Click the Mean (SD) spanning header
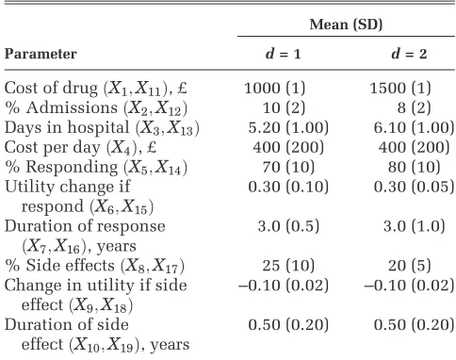[x=346, y=25]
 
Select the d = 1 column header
[x=283, y=54]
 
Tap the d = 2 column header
[x=409, y=54]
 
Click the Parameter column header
[x=41, y=54]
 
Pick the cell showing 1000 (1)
[x=275, y=88]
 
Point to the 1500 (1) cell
[x=400, y=88]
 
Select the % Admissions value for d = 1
[x=284, y=107]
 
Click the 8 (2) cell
[x=414, y=107]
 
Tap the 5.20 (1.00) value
[x=288, y=127]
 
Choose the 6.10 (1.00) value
[x=414, y=127]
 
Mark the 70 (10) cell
[x=288, y=167]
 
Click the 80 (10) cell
[x=414, y=167]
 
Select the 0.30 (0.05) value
[x=414, y=187]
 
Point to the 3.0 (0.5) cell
[x=288, y=226]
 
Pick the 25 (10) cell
[x=288, y=266]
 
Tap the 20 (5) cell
[x=410, y=266]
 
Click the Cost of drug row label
[x=96, y=89]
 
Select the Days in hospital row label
[x=102, y=128]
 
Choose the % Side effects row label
[x=94, y=266]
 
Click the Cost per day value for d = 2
[x=414, y=147]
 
